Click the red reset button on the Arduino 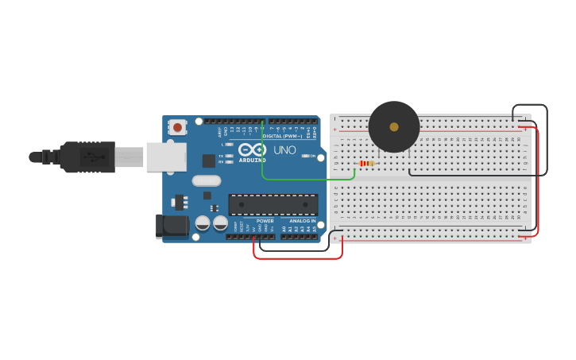point(177,127)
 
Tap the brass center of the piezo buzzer point(394,126)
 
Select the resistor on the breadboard point(367,163)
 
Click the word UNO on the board point(284,149)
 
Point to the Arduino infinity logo point(252,149)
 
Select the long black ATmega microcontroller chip point(273,204)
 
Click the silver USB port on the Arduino point(165,157)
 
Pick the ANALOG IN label point(301,221)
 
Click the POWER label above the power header point(265,221)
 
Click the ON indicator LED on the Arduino point(307,156)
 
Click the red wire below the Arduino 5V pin point(298,258)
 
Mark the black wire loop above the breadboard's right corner point(530,105)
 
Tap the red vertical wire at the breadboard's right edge point(538,183)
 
